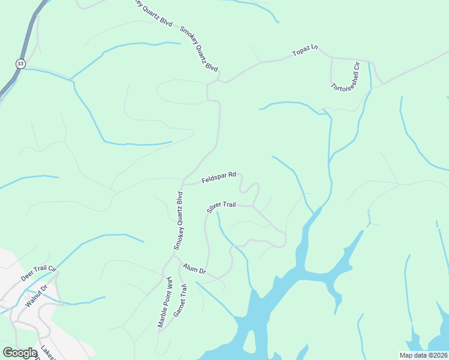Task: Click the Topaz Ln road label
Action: pyautogui.click(x=304, y=51)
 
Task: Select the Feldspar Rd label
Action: pyautogui.click(x=218, y=178)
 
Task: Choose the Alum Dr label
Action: pyautogui.click(x=194, y=270)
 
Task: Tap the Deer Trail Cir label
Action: pyautogui.click(x=38, y=273)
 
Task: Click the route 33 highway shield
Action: pyautogui.click(x=20, y=64)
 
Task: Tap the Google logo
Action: pyautogui.click(x=20, y=353)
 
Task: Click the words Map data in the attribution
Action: pyautogui.click(x=415, y=355)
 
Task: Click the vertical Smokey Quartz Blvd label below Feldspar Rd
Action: pyautogui.click(x=178, y=220)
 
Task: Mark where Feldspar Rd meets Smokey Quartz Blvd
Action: pyautogui.click(x=183, y=184)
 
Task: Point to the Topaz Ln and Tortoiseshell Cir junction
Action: pyautogui.click(x=331, y=58)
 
